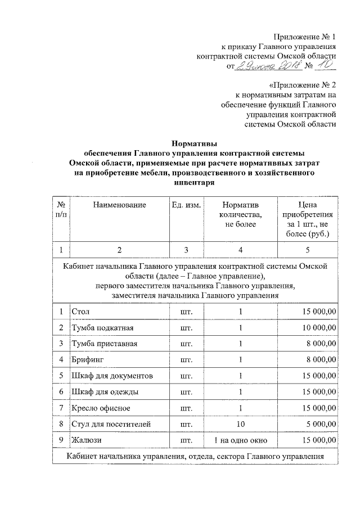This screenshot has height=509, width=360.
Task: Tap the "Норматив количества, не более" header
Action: tap(240, 215)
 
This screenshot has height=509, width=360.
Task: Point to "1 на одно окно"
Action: tap(240, 439)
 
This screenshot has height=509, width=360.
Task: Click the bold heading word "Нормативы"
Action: tap(194, 143)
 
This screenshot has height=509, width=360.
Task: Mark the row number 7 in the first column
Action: tap(60, 407)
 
